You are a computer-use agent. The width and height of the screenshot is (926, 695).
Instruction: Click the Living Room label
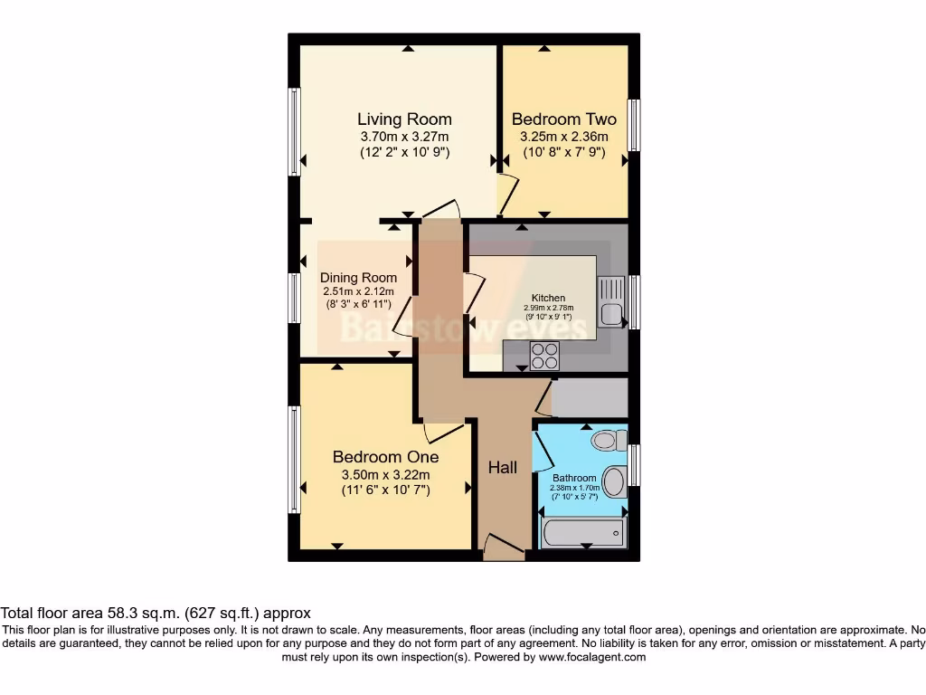tap(404, 119)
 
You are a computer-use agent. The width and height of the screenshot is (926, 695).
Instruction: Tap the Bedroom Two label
tap(563, 119)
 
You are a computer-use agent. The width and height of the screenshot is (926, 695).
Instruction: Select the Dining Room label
tap(358, 278)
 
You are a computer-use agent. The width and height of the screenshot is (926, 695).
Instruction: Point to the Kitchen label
tap(548, 298)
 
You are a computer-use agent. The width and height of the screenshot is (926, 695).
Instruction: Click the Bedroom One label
tap(385, 457)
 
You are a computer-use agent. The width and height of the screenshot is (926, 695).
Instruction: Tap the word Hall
tap(503, 468)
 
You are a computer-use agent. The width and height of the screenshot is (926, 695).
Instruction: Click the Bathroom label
tap(574, 478)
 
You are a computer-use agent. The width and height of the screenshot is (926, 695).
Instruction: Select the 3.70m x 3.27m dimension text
tap(404, 137)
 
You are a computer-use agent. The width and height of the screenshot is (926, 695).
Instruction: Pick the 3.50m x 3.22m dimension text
tap(385, 475)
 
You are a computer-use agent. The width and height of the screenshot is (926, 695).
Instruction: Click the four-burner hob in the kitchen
tap(544, 356)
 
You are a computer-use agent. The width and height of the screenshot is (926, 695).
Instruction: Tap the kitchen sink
tap(610, 304)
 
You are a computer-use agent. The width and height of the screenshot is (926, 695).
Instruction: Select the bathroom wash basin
tap(614, 481)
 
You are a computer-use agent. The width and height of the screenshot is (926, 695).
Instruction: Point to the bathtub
tap(583, 533)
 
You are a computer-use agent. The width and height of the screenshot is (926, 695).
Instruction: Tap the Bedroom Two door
tap(508, 193)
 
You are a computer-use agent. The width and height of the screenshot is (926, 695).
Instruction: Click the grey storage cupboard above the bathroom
tap(589, 397)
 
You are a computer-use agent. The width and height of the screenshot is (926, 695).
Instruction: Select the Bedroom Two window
tap(634, 125)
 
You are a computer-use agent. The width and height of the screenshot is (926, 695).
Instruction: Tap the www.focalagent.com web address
tap(592, 657)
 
